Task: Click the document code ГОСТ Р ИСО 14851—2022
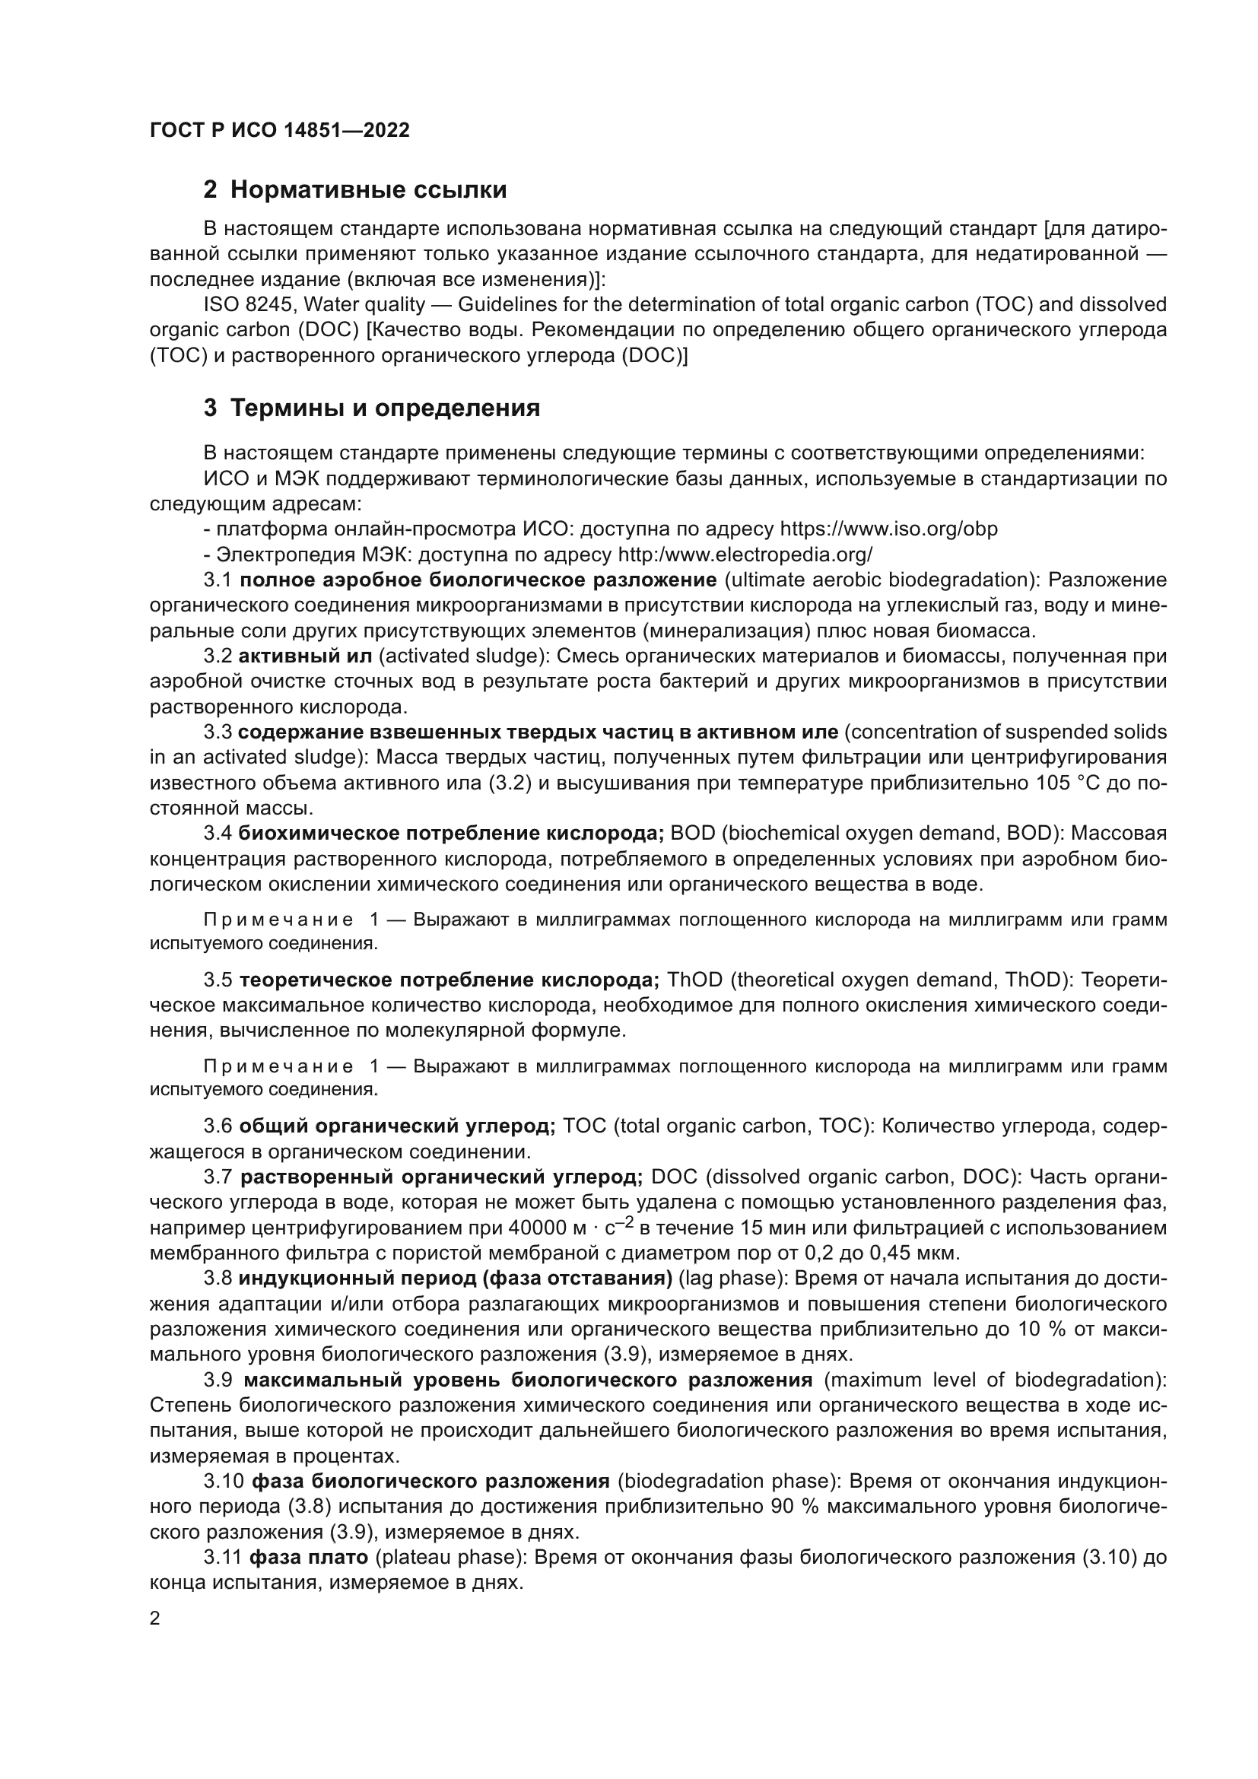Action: (279, 130)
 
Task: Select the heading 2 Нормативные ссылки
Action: (354, 190)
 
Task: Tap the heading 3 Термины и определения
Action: (372, 408)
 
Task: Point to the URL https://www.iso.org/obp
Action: (888, 529)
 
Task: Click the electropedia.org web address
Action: (745, 554)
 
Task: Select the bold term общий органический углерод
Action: (397, 1126)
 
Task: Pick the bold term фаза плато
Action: (307, 1558)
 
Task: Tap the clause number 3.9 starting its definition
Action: (218, 1380)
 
